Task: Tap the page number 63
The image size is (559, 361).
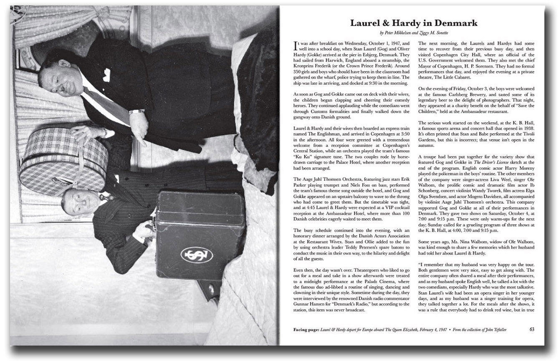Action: (x=532, y=329)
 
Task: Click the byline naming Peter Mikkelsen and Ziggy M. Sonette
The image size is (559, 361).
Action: (x=413, y=33)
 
